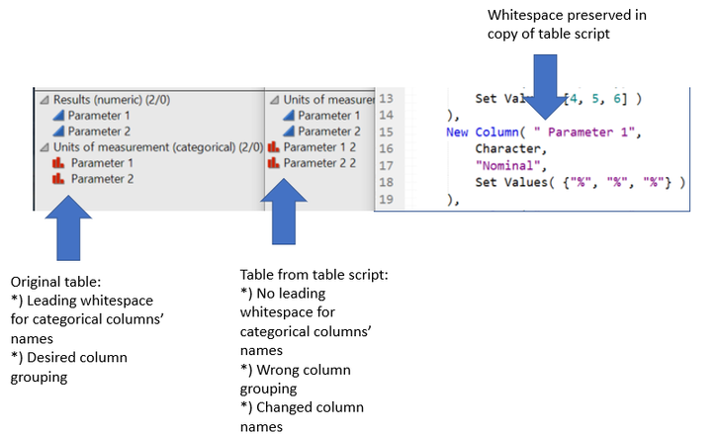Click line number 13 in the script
[x=385, y=99]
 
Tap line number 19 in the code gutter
[x=385, y=200]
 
